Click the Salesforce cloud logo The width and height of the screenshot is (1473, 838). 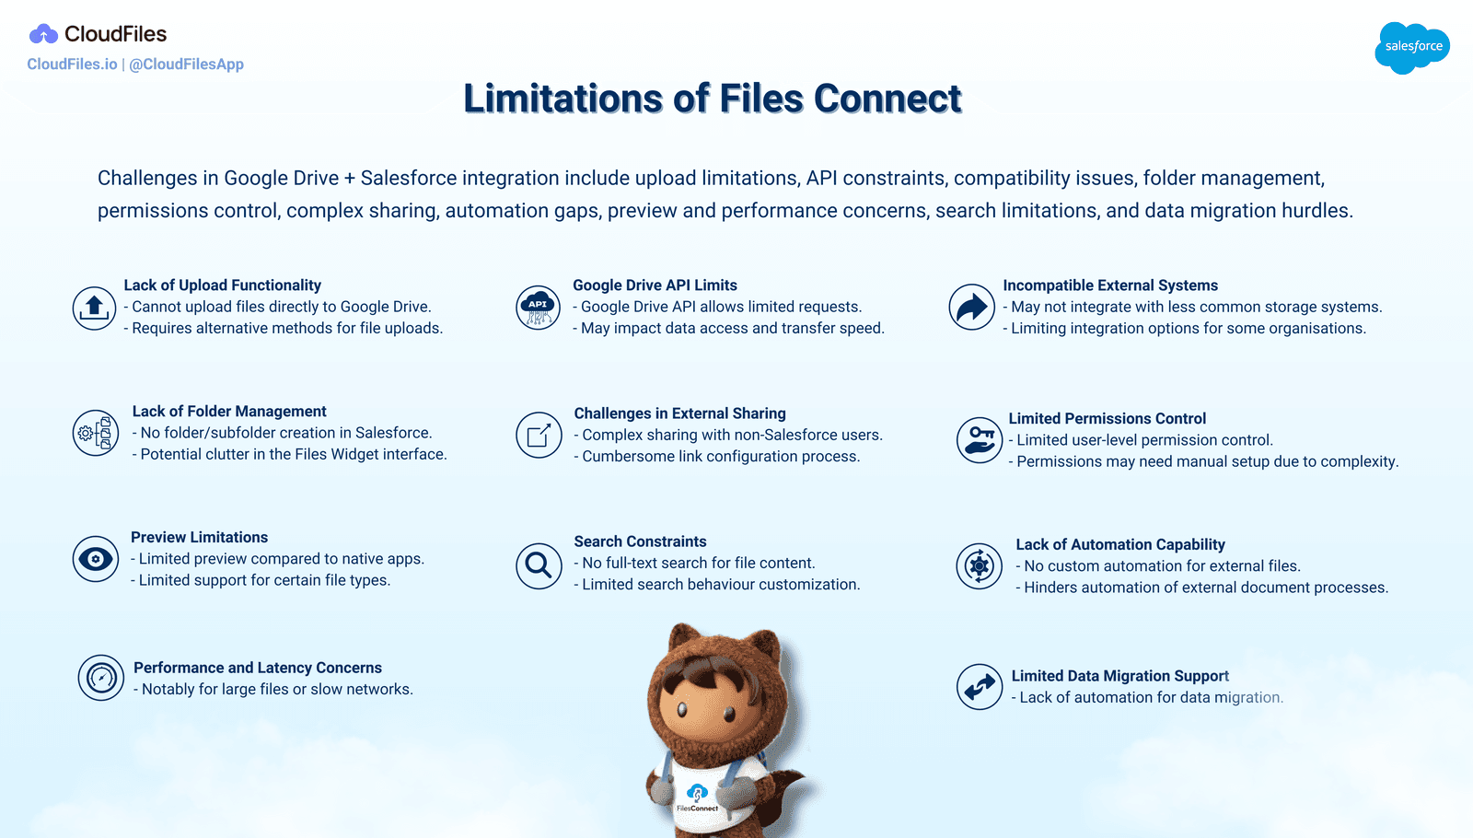coord(1412,47)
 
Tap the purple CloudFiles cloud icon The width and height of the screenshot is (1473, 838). coord(43,35)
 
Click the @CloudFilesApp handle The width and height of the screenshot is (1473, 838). coord(187,64)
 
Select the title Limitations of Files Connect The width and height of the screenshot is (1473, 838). coord(712,99)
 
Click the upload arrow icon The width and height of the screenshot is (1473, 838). coord(95,308)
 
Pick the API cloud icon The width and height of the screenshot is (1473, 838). coord(539,308)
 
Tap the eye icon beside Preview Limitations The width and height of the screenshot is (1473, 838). coord(96,559)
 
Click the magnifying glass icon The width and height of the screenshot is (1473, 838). coord(539,565)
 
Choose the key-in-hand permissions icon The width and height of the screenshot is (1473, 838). coord(980,440)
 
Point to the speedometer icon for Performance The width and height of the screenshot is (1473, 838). coord(101,679)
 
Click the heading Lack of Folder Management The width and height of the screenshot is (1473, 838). coord(229,412)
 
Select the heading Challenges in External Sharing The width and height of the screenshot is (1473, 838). coord(679,413)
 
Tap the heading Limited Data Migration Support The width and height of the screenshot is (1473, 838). coord(1119,676)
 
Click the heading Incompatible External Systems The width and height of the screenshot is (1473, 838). coord(1110,285)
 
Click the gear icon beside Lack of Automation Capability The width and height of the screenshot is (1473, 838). coord(980,566)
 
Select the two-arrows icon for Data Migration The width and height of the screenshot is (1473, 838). coord(980,687)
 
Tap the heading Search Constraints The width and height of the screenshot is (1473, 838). coord(640,541)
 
